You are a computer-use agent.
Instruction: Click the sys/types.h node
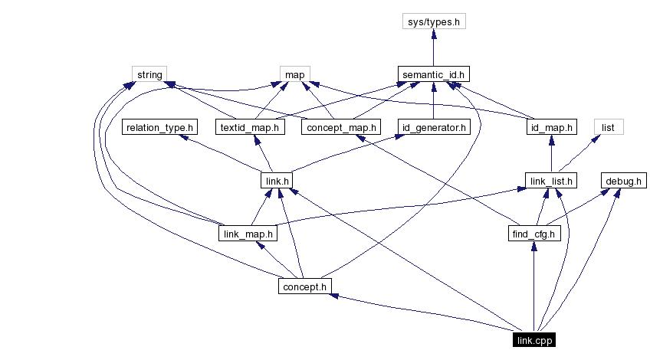[434, 21]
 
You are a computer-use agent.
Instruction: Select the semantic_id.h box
[434, 74]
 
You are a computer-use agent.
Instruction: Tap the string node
[149, 74]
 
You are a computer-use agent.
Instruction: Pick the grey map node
[295, 74]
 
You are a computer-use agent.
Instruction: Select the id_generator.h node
[434, 127]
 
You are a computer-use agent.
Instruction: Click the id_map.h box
[552, 127]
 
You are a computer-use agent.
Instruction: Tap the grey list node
[609, 127]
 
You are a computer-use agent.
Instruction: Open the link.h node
[274, 181]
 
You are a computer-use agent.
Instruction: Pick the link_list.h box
[552, 181]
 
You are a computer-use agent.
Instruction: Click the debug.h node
[623, 181]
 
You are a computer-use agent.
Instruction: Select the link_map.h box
[247, 233]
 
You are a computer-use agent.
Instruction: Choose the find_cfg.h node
[534, 233]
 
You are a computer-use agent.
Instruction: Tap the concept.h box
[304, 286]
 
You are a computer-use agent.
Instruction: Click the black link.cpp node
[534, 340]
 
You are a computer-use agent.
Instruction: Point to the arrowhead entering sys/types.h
[434, 34]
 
